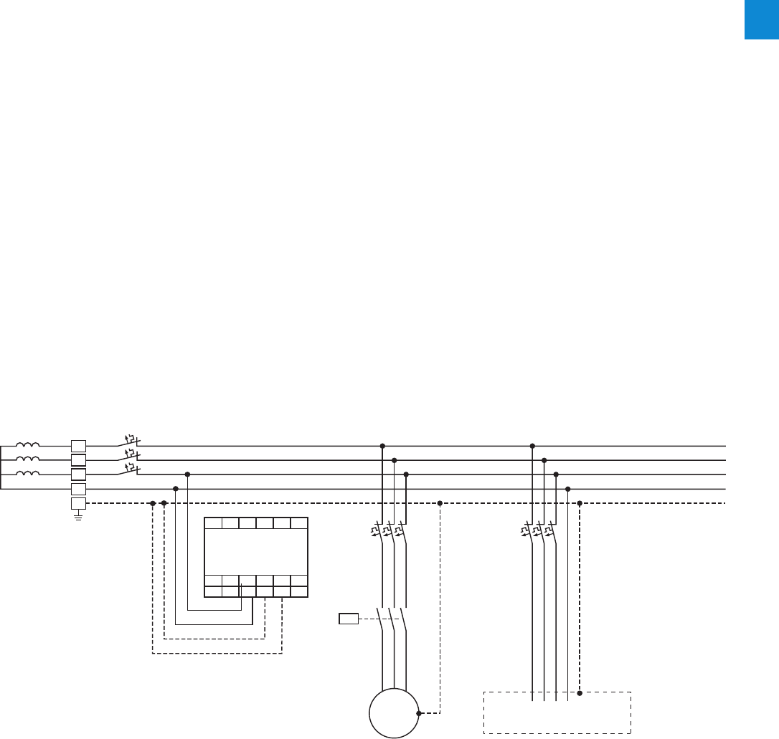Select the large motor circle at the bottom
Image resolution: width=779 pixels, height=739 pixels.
(394, 713)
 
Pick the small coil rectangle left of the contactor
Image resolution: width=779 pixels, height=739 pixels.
(349, 619)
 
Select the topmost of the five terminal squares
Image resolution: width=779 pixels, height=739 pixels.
(78, 445)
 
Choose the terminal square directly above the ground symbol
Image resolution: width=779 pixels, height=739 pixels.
(78, 503)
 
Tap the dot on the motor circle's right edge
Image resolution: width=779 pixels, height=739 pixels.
(419, 713)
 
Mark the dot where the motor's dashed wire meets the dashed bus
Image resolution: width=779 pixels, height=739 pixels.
(440, 503)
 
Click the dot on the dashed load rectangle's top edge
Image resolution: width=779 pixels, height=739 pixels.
(580, 693)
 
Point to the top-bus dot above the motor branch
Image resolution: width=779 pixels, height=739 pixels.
(382, 446)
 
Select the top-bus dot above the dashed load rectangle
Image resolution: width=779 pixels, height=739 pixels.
(532, 446)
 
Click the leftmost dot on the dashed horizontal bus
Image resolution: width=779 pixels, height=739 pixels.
(152, 503)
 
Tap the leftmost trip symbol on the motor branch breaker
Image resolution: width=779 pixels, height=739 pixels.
(374, 532)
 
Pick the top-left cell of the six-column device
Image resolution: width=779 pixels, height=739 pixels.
(213, 523)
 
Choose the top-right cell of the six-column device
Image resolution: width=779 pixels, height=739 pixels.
(299, 523)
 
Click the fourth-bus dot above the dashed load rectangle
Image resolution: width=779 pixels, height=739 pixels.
(567, 489)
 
